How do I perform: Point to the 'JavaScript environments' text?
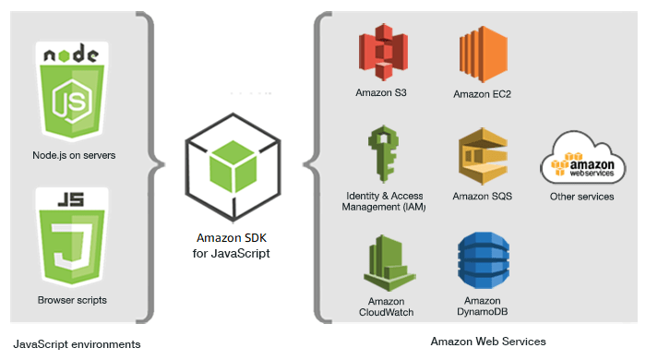tap(77, 343)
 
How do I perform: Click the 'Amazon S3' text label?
tap(381, 92)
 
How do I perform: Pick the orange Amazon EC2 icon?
tap(482, 54)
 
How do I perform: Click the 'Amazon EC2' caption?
tap(482, 94)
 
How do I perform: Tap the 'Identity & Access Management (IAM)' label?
tap(381, 200)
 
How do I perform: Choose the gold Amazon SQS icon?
tap(482, 157)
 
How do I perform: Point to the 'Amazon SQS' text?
tap(482, 197)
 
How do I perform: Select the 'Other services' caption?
tap(581, 197)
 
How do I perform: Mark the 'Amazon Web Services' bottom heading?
tap(488, 342)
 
